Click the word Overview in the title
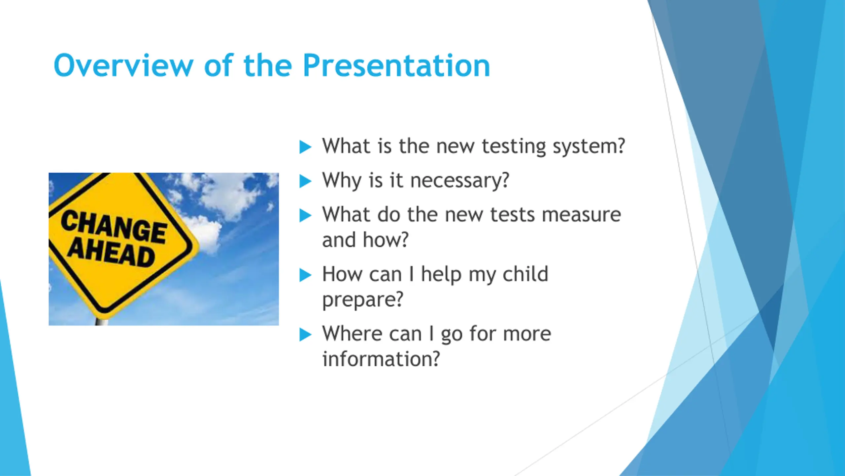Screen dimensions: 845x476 pyautogui.click(x=123, y=65)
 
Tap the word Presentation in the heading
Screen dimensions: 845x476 pyautogui.click(x=396, y=65)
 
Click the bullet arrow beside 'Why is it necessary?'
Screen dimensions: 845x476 pyautogui.click(x=305, y=181)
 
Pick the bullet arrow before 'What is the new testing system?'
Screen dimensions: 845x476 pyautogui.click(x=305, y=147)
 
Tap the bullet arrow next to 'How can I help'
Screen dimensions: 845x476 pyautogui.click(x=305, y=275)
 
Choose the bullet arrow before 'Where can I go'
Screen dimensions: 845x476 pyautogui.click(x=305, y=335)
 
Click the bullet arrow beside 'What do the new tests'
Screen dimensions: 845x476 pyautogui.click(x=305, y=216)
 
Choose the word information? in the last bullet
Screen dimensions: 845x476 pyautogui.click(x=381, y=359)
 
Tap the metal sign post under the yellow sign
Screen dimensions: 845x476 pyautogui.click(x=102, y=321)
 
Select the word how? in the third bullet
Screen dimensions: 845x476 pyautogui.click(x=386, y=239)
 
